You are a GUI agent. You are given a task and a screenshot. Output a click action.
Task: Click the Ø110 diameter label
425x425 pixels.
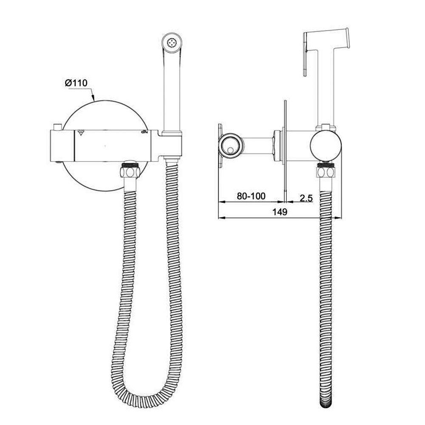(x=76, y=83)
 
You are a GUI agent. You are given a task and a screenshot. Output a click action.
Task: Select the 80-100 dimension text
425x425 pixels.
(x=251, y=196)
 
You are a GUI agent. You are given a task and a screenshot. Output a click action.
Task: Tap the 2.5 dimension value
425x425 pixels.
(x=306, y=198)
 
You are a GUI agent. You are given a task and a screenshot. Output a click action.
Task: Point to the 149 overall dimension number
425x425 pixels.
(x=280, y=212)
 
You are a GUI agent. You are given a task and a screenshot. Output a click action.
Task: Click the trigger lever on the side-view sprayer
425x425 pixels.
(x=305, y=54)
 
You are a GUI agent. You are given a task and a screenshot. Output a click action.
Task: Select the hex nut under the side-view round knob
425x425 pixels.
(x=326, y=172)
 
